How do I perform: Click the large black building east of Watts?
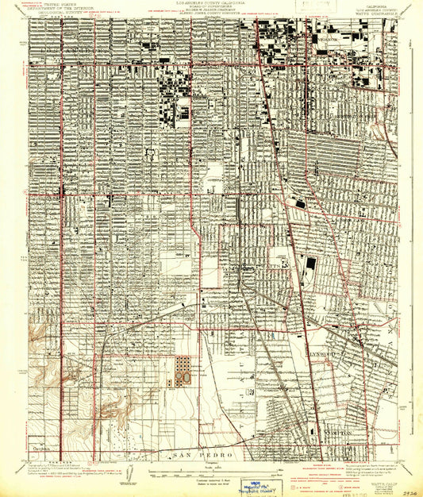[x=310, y=263]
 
